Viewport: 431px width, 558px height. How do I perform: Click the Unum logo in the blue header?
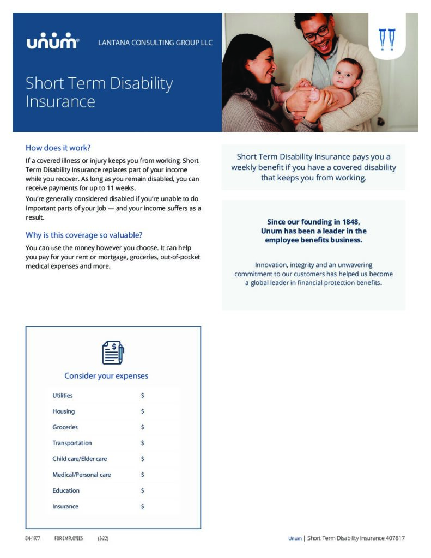[53, 42]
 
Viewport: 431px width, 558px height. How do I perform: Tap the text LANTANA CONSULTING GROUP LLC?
[155, 43]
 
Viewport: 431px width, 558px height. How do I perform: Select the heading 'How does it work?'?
[58, 148]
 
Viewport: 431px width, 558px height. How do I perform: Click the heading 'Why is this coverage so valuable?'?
[84, 235]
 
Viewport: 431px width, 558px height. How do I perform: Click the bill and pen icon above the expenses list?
[113, 352]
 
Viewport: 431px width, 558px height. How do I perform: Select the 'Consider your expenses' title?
[106, 376]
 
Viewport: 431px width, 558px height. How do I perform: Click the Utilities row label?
[63, 396]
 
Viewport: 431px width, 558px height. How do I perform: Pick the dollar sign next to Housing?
[142, 411]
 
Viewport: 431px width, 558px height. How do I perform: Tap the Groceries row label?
[65, 427]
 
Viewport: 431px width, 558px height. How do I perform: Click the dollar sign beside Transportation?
[142, 443]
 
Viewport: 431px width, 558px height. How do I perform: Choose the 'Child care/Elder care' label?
[80, 459]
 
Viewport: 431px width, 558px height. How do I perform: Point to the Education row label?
[66, 490]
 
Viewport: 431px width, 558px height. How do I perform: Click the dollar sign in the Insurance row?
[142, 506]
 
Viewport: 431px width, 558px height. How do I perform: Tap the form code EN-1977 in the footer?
[33, 538]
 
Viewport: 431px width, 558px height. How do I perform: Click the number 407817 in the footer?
[393, 538]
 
